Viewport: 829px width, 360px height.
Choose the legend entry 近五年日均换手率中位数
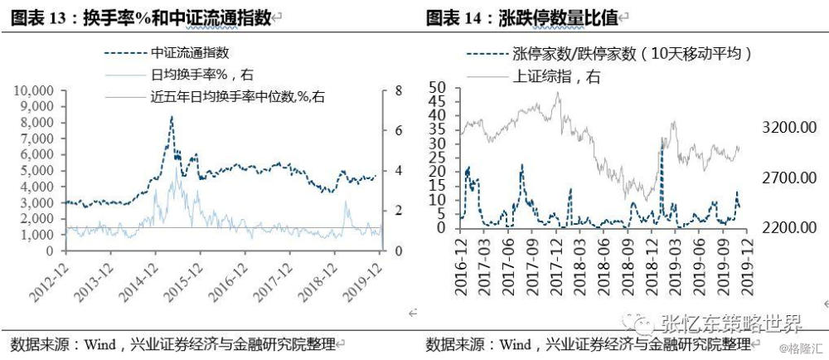tap(238, 97)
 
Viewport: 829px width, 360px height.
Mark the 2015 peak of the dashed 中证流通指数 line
tap(172, 118)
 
